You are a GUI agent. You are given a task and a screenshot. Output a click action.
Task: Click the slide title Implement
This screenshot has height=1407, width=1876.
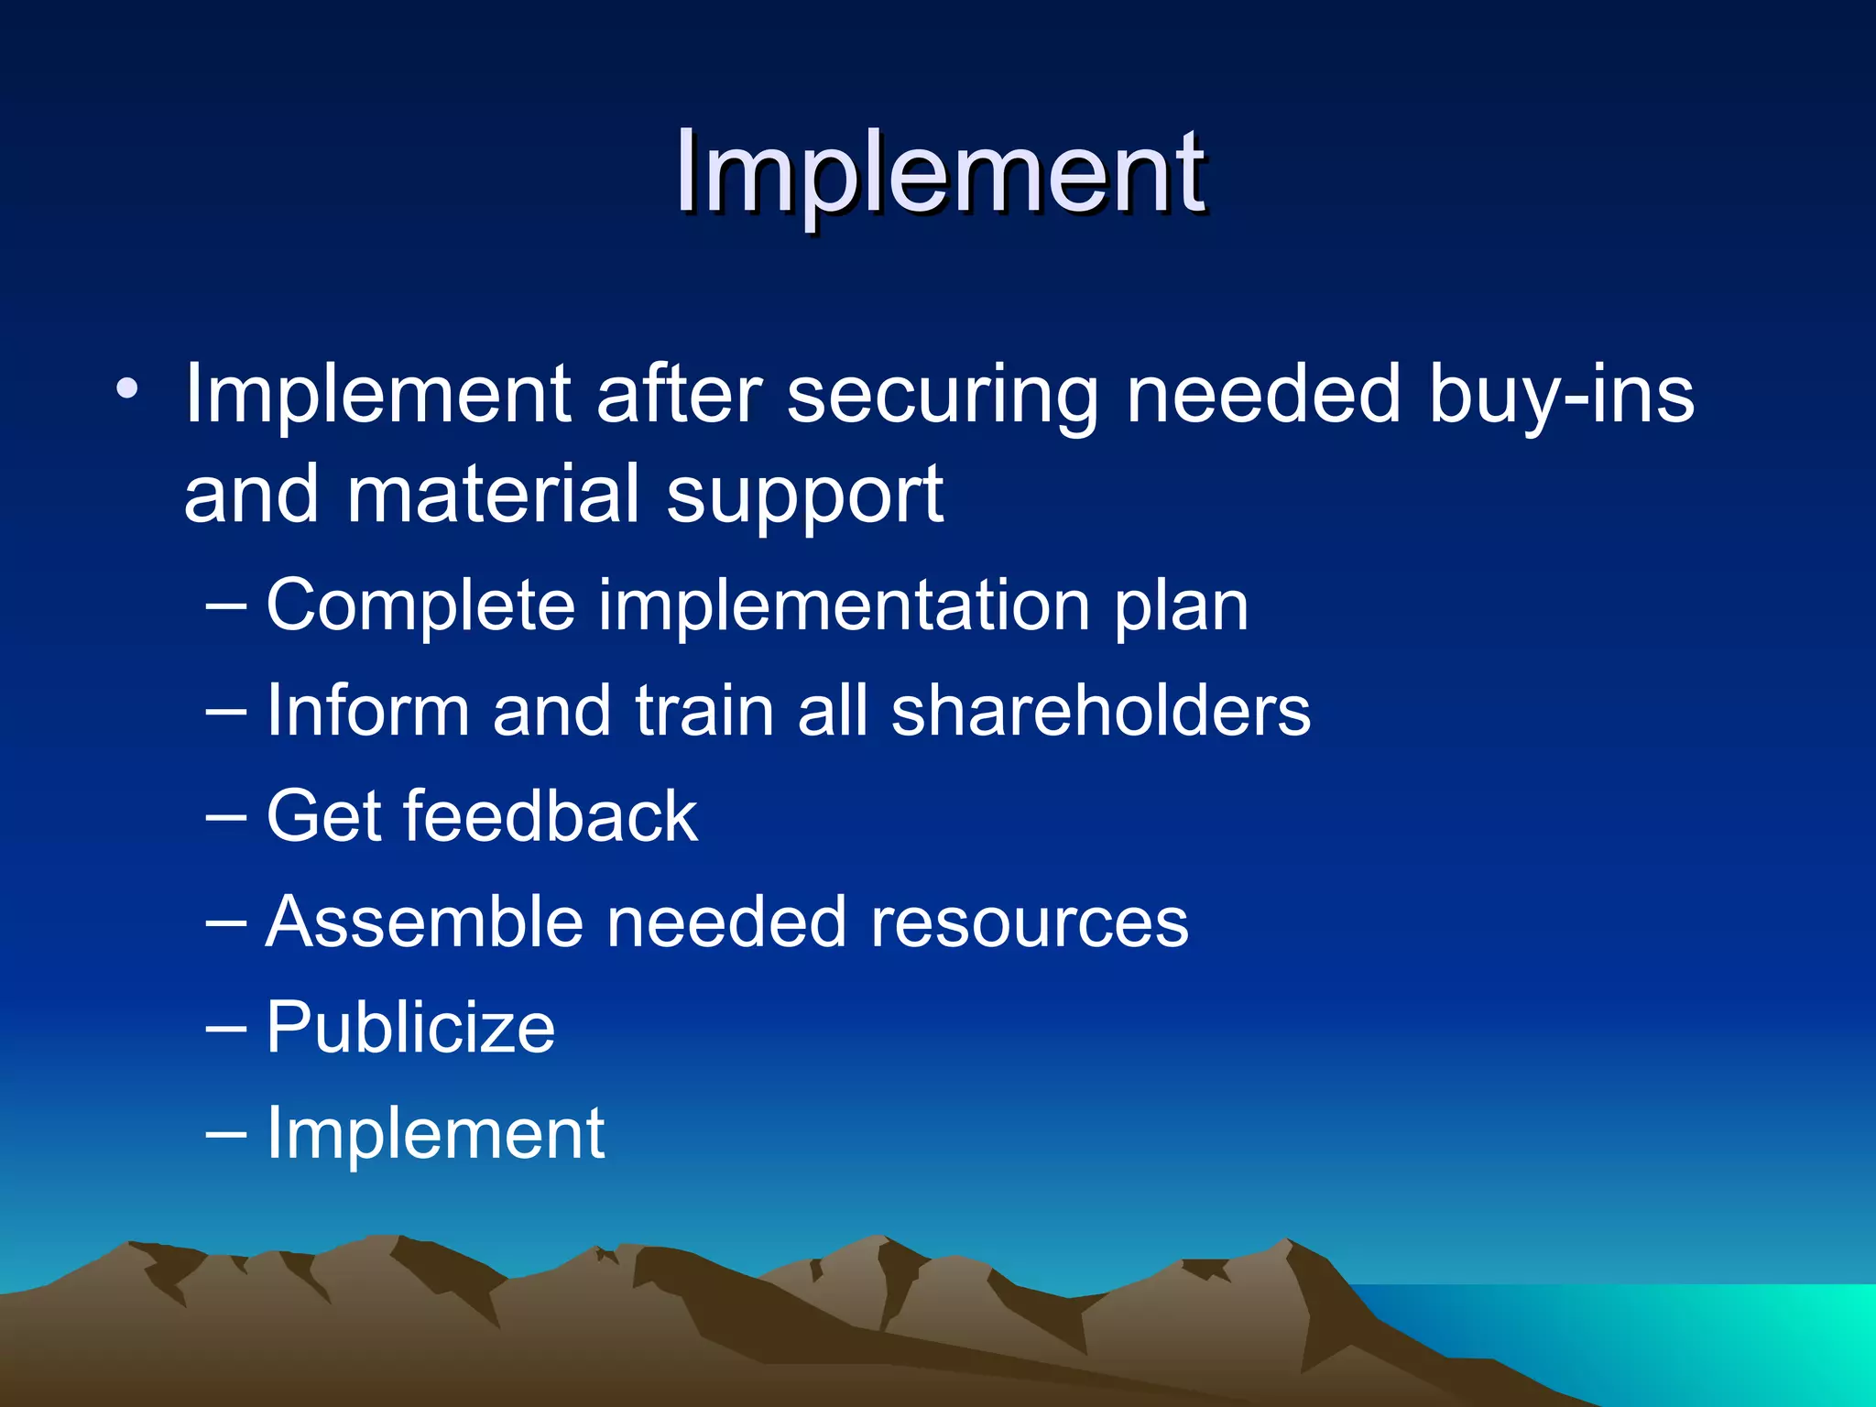coord(940,172)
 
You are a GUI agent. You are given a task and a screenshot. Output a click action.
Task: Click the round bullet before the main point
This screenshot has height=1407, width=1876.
coord(127,393)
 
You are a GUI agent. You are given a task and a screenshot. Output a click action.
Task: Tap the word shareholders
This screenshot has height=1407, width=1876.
coord(1100,712)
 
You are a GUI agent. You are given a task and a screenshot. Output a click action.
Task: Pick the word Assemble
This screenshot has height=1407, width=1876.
coord(424,922)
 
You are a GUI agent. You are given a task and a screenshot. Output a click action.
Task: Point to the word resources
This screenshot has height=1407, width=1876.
coord(1029,923)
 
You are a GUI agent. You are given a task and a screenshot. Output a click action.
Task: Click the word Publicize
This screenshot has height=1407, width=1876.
coord(410,1028)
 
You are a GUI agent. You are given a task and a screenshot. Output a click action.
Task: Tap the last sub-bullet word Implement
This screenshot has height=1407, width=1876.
coord(435,1134)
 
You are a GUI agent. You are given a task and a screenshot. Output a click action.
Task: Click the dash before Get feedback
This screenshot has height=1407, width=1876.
coord(225,818)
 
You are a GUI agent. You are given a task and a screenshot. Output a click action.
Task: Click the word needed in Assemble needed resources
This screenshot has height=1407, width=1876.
coord(726,922)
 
